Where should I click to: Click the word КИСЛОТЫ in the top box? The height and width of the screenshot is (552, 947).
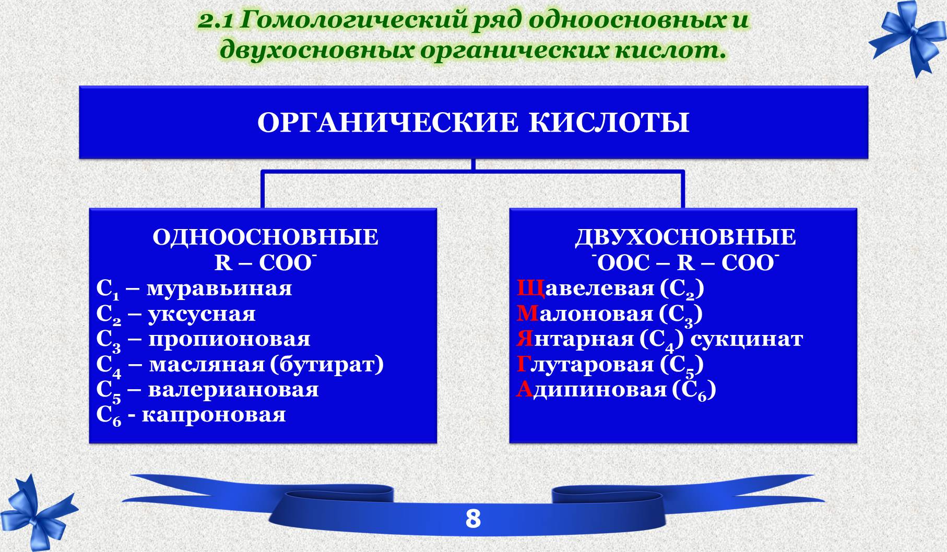pyautogui.click(x=609, y=123)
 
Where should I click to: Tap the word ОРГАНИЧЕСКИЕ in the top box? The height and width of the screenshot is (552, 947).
pyautogui.click(x=388, y=123)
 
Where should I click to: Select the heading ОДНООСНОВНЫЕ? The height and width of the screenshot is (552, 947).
pyautogui.click(x=265, y=237)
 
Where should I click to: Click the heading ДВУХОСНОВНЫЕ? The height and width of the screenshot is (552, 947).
pyautogui.click(x=685, y=237)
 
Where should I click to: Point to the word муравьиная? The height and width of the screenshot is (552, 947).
pyautogui.click(x=219, y=289)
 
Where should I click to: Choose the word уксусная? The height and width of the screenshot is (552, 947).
pyautogui.click(x=202, y=314)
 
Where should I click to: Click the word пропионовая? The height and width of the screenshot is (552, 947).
pyautogui.click(x=229, y=339)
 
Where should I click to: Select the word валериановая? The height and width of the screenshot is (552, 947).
pyautogui.click(x=233, y=389)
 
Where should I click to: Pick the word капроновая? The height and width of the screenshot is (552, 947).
pyautogui.click(x=214, y=415)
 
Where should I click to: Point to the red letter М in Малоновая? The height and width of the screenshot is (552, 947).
pyautogui.click(x=527, y=314)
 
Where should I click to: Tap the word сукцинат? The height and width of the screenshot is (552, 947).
pyautogui.click(x=747, y=339)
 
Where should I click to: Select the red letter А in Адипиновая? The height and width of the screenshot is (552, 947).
pyautogui.click(x=524, y=389)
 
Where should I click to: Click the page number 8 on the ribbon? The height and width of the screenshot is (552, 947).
pyautogui.click(x=473, y=519)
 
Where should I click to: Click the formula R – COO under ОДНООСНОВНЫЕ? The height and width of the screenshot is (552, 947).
pyautogui.click(x=265, y=262)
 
